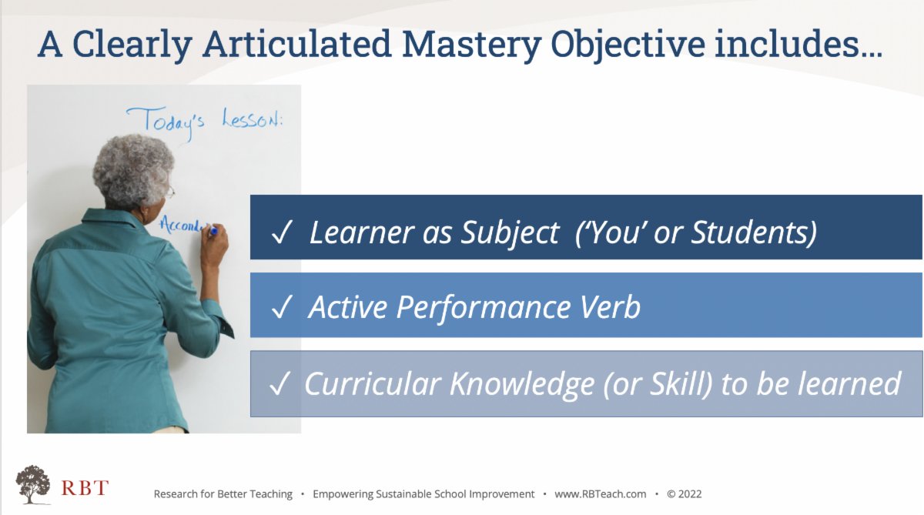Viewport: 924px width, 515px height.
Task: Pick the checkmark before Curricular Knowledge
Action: [x=279, y=384]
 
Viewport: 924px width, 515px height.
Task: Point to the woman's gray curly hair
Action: [x=133, y=169]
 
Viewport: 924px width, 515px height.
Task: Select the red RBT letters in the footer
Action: [x=84, y=488]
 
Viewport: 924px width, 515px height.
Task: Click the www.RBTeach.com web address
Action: [x=600, y=494]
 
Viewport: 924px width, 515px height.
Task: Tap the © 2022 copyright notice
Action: [x=685, y=494]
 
